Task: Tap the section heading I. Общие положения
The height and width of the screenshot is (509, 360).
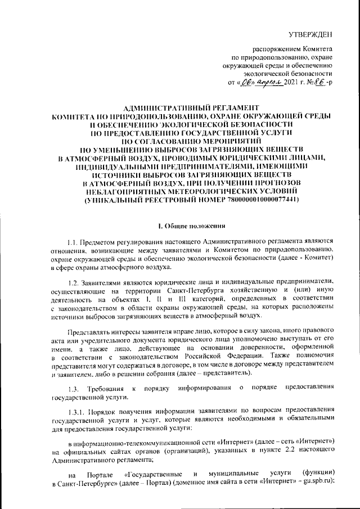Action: coord(191,226)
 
